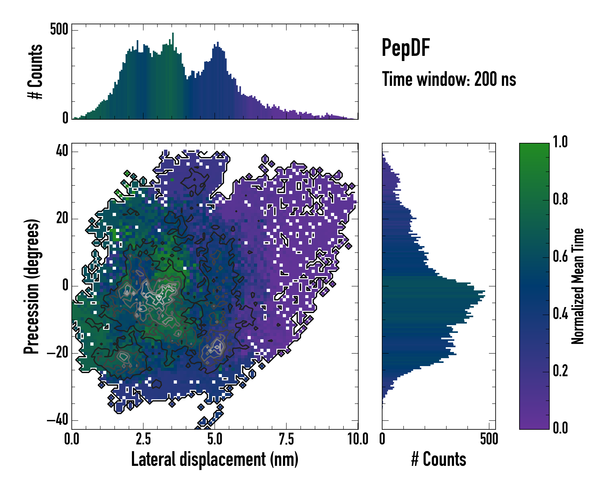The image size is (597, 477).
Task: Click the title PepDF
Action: pos(406,48)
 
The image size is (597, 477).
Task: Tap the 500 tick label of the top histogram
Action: pos(59,29)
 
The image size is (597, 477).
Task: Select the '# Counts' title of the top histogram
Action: pos(35,72)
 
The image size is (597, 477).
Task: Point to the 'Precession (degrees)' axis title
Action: pos(31,286)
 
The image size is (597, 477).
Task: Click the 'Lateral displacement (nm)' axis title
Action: pos(215,459)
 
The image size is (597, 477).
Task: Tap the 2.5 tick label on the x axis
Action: pos(143,439)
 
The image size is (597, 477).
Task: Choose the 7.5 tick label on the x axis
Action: pos(286,439)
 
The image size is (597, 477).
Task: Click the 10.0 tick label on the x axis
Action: pos(358,439)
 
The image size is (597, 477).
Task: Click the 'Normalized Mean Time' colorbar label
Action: pos(577,286)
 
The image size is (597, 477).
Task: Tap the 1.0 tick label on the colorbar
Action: pos(560,142)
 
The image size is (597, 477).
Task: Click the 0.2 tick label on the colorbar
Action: pos(560,371)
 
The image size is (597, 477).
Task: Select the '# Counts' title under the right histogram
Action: pos(439,459)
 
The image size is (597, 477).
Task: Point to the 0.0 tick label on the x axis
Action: pos(72,439)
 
